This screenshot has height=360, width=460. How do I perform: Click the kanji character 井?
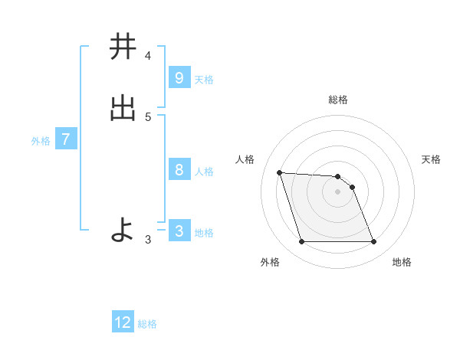122,47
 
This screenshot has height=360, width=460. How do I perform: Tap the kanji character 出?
122,110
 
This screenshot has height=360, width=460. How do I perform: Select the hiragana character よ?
122,229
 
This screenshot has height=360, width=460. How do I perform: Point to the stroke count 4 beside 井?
148,56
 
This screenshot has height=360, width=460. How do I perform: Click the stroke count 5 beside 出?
148,117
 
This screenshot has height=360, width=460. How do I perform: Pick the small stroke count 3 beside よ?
148,240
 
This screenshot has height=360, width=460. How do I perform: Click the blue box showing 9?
179,78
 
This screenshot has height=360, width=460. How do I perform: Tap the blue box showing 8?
179,170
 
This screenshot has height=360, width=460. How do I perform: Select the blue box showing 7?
66,139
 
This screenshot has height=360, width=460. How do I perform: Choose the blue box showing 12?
123,322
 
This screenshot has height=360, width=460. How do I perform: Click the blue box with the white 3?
179,231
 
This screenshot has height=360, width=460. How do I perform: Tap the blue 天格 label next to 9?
204,80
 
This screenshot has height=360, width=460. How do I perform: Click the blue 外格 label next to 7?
41,141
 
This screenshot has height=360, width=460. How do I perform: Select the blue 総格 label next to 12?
147,324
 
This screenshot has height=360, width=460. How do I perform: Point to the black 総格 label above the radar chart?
338,100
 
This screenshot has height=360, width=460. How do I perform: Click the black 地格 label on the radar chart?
402,262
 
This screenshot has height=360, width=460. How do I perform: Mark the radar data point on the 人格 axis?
279,172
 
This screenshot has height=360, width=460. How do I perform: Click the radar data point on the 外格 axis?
301,242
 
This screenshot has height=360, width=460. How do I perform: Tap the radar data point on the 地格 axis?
374,242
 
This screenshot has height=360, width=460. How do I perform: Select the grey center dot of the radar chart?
338,191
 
